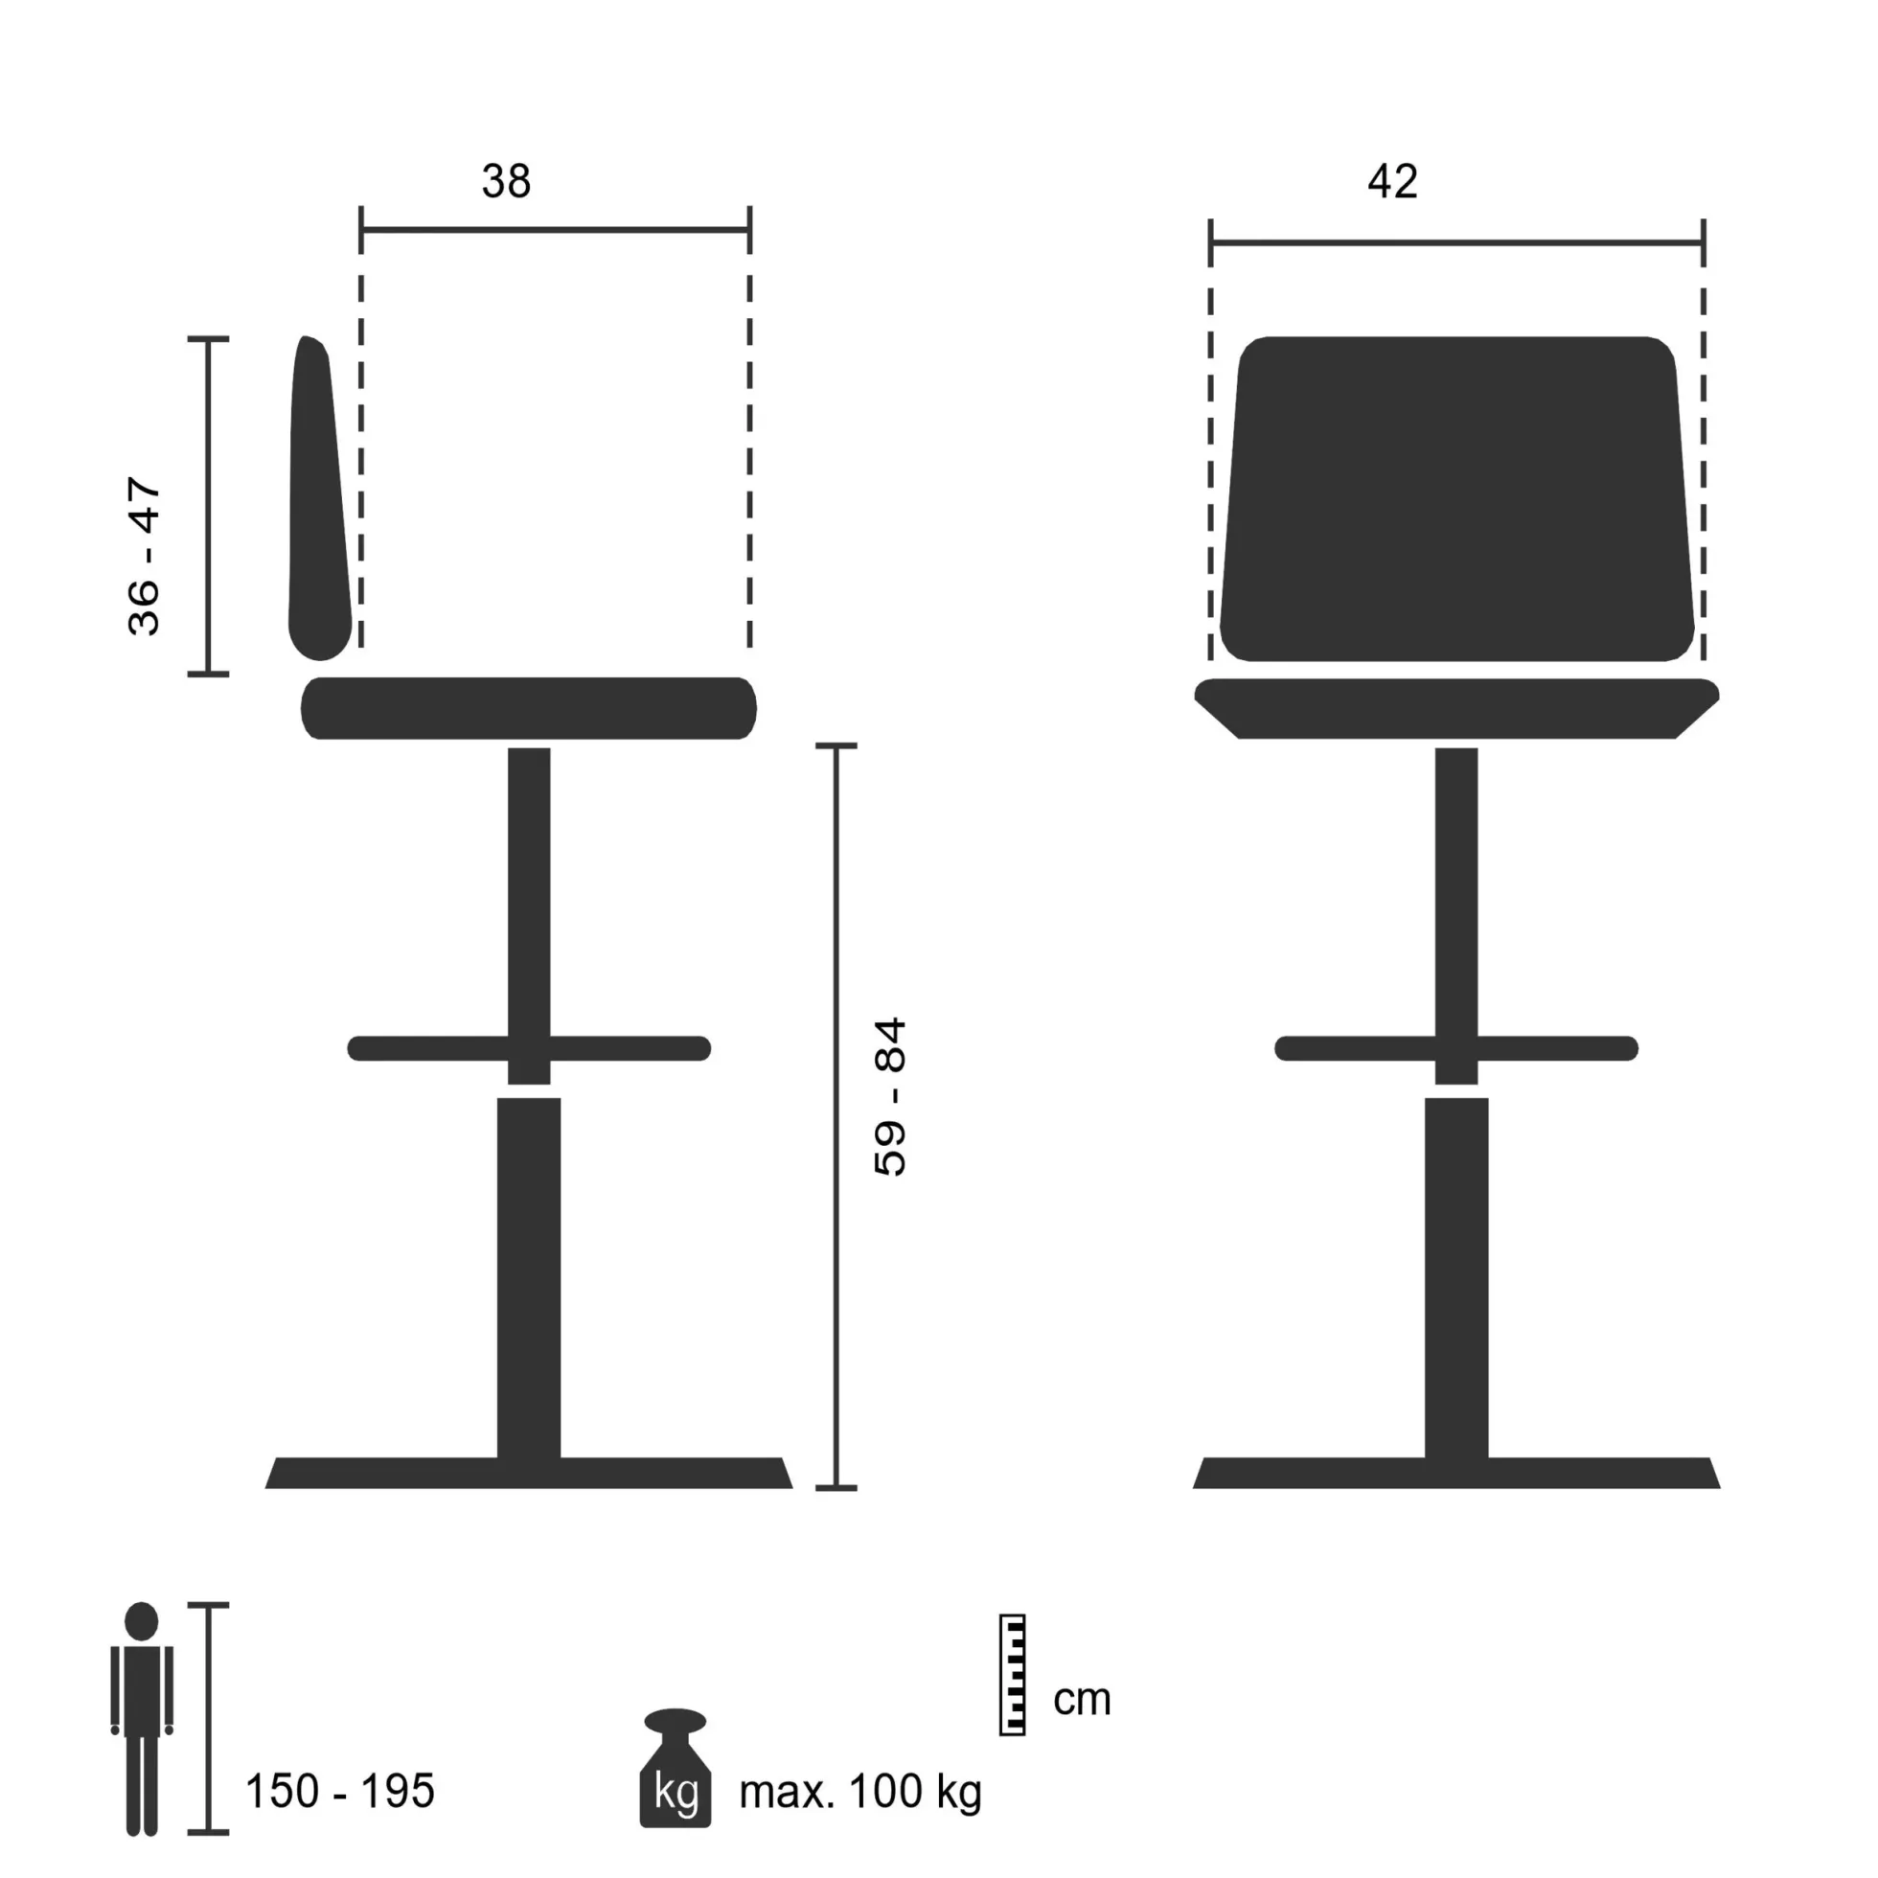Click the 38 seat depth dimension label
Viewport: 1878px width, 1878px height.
pyautogui.click(x=507, y=181)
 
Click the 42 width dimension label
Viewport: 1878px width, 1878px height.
pyautogui.click(x=1392, y=181)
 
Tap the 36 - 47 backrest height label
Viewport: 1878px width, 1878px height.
pyautogui.click(x=144, y=556)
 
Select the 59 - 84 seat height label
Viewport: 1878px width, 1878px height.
pyautogui.click(x=890, y=1096)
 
